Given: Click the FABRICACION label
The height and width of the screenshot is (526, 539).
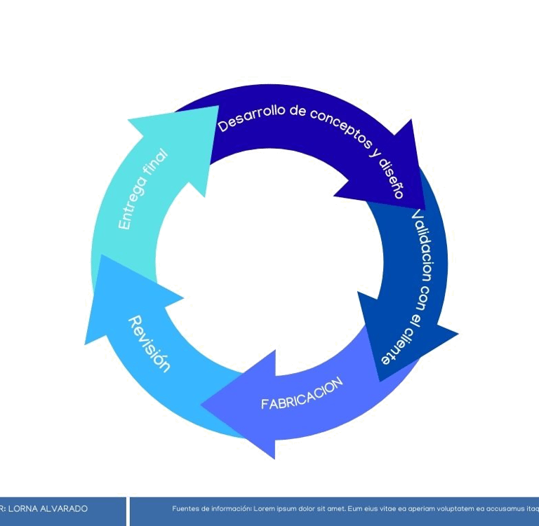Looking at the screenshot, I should coord(302,393).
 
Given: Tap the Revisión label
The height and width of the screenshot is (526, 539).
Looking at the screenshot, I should coord(149,344).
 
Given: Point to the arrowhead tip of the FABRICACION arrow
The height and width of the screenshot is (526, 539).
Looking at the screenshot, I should coord(203,405).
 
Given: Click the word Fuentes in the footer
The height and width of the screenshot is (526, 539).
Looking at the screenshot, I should coord(185,508).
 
